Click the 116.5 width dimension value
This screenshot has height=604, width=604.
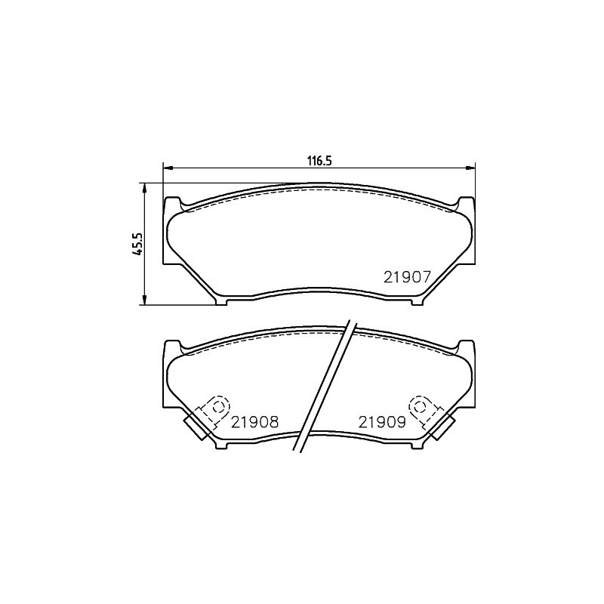pyautogui.click(x=319, y=161)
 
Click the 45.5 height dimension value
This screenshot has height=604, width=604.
pyautogui.click(x=137, y=245)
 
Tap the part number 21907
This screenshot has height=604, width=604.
pyautogui.click(x=406, y=277)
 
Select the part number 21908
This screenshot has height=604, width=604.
pyautogui.click(x=254, y=422)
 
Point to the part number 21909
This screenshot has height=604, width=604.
pyautogui.click(x=382, y=422)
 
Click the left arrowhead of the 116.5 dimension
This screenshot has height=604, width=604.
pyautogui.click(x=168, y=168)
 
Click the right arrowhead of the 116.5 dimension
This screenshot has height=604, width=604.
pyautogui.click(x=470, y=168)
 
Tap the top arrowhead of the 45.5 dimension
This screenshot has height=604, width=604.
pyautogui.click(x=144, y=188)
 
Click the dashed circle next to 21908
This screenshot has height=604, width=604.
pyautogui.click(x=218, y=405)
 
